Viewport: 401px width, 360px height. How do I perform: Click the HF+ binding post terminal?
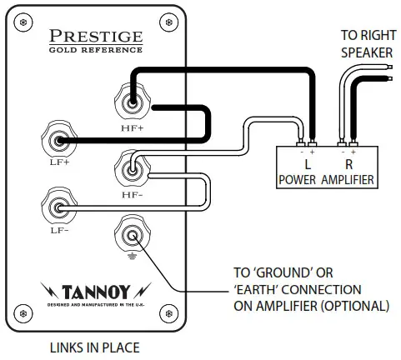tap(133, 102)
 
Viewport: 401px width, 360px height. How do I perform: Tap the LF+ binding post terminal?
tap(59, 141)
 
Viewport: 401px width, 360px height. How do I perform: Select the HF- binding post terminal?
tap(133, 170)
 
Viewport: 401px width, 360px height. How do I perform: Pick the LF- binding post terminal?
tap(59, 207)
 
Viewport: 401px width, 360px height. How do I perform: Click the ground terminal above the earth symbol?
tap(133, 236)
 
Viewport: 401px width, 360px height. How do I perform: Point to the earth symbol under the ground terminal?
tap(132, 257)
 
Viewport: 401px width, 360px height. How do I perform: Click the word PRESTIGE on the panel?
tap(96, 36)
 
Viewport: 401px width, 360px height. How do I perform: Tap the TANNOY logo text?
tap(96, 292)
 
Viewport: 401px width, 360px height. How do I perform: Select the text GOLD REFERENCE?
tap(96, 50)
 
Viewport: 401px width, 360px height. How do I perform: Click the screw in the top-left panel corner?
tap(23, 22)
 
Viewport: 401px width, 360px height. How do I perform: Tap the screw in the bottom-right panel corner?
tap(168, 313)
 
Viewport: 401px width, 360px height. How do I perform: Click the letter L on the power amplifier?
tap(308, 164)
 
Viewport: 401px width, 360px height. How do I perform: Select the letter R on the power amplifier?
tap(349, 164)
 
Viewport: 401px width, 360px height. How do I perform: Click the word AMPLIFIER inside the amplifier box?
tap(348, 180)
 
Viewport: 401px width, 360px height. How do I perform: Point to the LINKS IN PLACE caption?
tap(94, 347)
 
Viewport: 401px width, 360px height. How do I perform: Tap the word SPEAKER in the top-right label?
tap(367, 52)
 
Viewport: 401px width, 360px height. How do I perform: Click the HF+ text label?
tap(133, 128)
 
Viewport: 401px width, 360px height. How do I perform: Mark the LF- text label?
tap(59, 230)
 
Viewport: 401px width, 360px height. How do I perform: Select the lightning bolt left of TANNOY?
tap(49, 290)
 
